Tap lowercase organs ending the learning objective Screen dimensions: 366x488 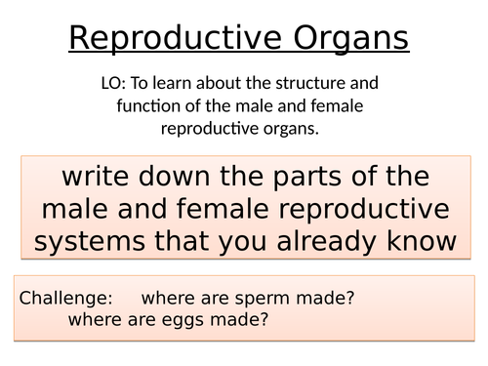coord(294,127)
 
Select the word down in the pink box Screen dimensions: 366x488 coord(178,179)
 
